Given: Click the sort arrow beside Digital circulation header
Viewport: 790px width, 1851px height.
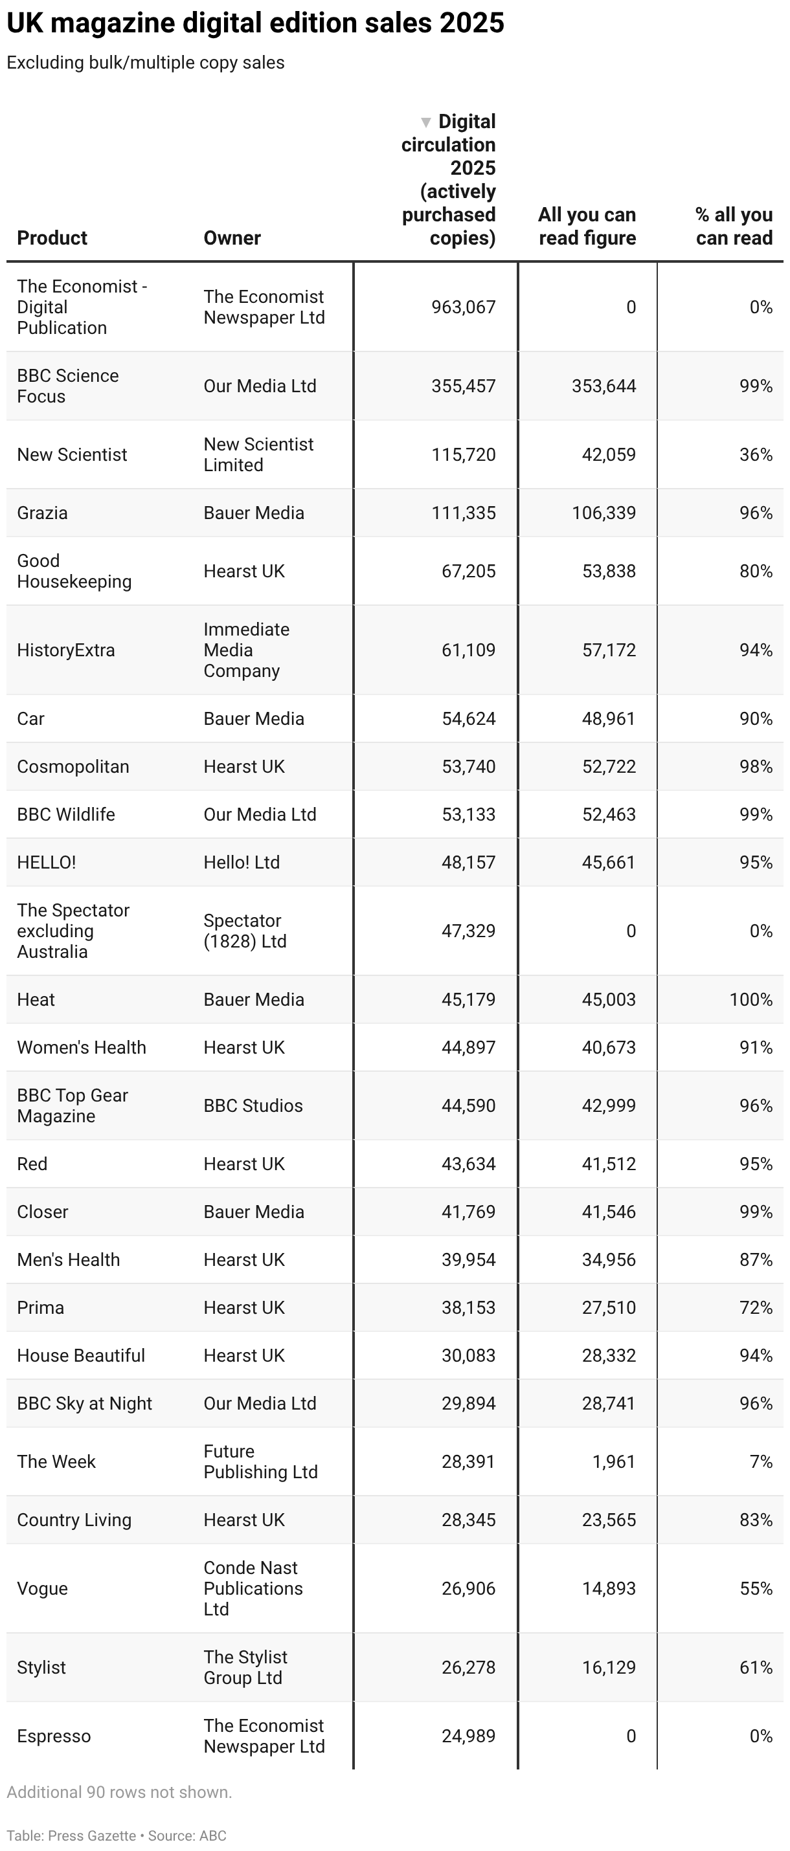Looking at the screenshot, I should (425, 122).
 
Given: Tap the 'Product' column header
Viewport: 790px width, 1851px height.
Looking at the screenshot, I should (52, 238).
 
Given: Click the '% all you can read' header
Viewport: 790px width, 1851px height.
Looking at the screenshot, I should (733, 227).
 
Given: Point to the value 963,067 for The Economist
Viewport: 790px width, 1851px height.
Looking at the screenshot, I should (463, 307).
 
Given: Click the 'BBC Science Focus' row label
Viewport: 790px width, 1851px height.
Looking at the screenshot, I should (67, 386).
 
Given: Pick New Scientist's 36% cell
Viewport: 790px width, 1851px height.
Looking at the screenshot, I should (756, 455).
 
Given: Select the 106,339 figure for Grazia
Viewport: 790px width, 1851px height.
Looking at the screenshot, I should (603, 513).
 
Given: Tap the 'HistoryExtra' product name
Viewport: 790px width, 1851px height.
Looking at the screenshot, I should (65, 650).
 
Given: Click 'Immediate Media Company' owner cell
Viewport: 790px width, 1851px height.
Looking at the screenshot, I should (246, 650).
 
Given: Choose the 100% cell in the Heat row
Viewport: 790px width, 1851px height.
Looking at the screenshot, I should (751, 999).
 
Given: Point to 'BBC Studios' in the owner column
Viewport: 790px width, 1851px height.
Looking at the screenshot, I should (253, 1106).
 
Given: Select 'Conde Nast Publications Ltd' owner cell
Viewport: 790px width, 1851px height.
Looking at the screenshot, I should (253, 1588).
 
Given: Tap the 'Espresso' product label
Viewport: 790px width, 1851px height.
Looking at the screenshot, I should (54, 1736).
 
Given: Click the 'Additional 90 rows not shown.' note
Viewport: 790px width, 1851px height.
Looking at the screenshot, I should (119, 1792).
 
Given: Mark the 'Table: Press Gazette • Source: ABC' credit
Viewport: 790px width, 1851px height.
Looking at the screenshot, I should (117, 1836).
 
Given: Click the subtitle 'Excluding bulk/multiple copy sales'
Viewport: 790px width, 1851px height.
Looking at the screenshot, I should (145, 63).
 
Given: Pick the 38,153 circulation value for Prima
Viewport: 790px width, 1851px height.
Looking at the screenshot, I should (468, 1308).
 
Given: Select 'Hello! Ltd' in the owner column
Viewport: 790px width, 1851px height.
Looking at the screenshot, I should (242, 862).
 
